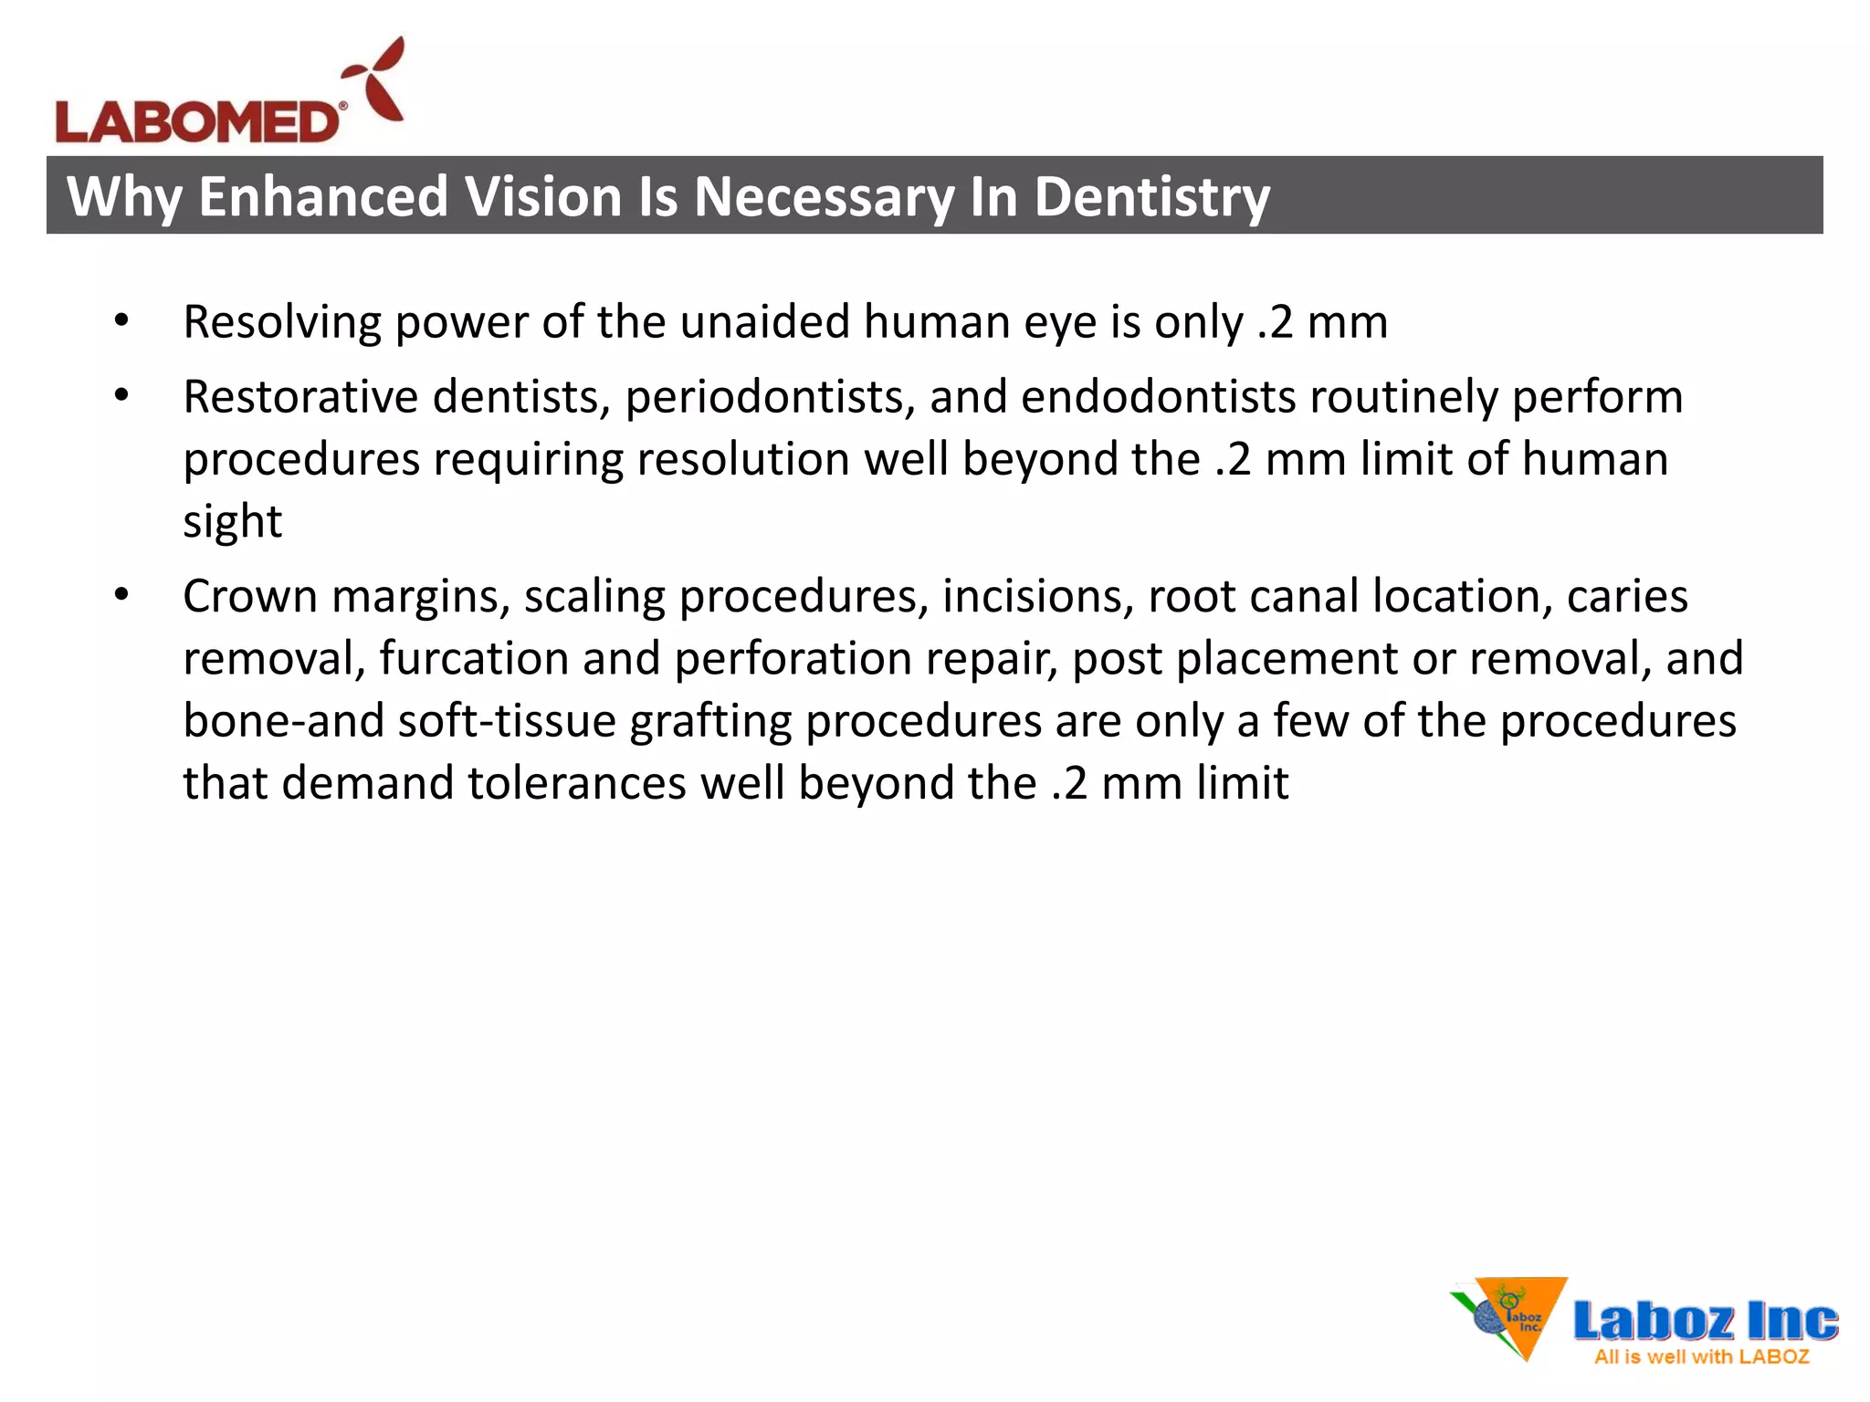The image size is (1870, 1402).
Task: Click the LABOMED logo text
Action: point(197,122)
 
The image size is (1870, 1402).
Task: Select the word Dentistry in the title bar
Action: point(1151,196)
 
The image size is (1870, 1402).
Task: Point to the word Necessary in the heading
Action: point(824,196)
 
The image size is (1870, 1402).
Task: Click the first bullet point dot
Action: point(121,321)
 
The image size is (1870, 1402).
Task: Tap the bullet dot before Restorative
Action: point(121,396)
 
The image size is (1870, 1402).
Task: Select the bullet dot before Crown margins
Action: point(121,595)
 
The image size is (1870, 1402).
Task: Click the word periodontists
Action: point(770,398)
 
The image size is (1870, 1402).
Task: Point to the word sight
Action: point(232,522)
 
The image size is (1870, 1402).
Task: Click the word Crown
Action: point(249,596)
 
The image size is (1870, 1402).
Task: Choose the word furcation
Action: point(474,658)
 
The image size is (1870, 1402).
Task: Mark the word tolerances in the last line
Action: point(577,782)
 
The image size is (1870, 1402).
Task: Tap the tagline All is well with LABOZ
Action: point(1701,1356)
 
